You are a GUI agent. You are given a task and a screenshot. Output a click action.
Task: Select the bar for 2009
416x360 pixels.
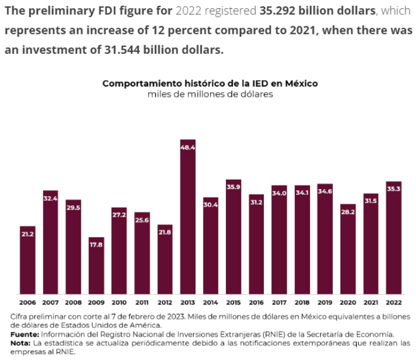96,266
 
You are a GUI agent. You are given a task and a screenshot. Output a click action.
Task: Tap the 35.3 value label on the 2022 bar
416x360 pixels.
394,188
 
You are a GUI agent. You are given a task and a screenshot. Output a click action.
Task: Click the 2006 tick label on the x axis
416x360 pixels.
27,303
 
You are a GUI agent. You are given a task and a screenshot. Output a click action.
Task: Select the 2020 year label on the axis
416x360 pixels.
348,303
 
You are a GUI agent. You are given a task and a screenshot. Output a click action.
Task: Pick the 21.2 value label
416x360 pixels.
27,234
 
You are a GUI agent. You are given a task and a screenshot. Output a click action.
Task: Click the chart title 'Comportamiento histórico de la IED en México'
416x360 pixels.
210,83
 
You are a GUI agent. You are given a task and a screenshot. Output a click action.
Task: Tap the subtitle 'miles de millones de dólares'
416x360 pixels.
210,94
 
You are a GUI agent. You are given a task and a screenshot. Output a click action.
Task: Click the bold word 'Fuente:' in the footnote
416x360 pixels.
24,334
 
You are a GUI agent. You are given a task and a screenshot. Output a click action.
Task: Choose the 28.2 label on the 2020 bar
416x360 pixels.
348,212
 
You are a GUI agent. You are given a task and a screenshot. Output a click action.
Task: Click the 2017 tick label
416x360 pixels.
279,303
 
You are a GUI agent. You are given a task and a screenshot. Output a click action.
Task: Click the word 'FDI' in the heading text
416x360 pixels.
111,12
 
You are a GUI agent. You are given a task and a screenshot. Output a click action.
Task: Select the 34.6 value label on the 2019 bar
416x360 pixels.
325,191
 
